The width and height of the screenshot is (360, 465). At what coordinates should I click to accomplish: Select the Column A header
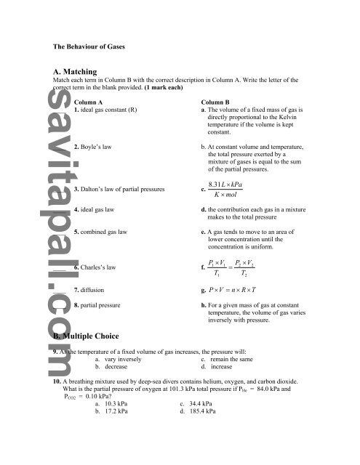(x=90, y=102)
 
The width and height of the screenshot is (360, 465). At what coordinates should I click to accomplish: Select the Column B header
(x=219, y=102)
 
